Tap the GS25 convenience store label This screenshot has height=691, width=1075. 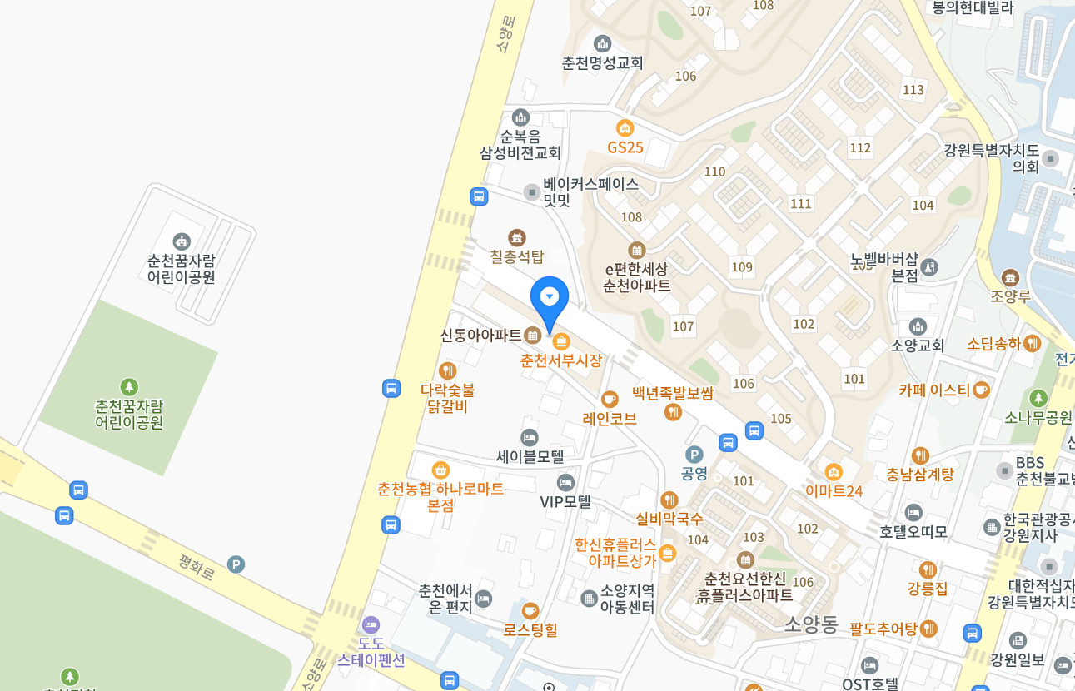[x=625, y=147]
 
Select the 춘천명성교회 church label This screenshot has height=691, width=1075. [x=602, y=62]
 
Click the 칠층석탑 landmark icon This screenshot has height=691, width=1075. [x=517, y=237]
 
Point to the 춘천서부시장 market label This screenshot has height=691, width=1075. [x=560, y=360]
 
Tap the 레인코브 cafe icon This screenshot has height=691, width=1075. [x=610, y=399]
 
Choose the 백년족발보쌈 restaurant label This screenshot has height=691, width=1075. [x=672, y=393]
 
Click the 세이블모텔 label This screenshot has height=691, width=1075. [x=530, y=456]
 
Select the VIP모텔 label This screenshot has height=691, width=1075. [x=565, y=501]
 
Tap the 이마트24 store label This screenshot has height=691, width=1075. [x=834, y=491]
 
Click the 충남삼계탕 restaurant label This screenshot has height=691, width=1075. [x=919, y=475]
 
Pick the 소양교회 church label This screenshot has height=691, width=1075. [x=918, y=345]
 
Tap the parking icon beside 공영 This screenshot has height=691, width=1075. [x=694, y=455]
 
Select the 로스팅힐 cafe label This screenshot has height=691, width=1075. [x=530, y=629]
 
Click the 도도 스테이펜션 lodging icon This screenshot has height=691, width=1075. [x=371, y=624]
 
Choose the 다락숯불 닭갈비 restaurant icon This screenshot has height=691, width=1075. [x=448, y=370]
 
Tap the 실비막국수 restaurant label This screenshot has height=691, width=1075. [x=669, y=518]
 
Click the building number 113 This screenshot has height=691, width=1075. [x=913, y=90]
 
